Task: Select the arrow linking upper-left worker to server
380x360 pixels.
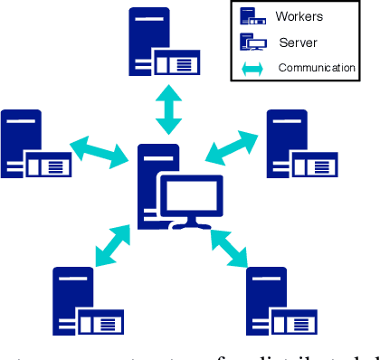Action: pos(100,151)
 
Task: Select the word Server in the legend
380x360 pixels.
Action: pos(298,42)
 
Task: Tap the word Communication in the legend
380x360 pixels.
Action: pos(315,67)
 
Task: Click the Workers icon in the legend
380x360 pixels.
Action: pos(252,15)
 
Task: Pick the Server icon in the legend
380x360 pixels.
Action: pos(252,42)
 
